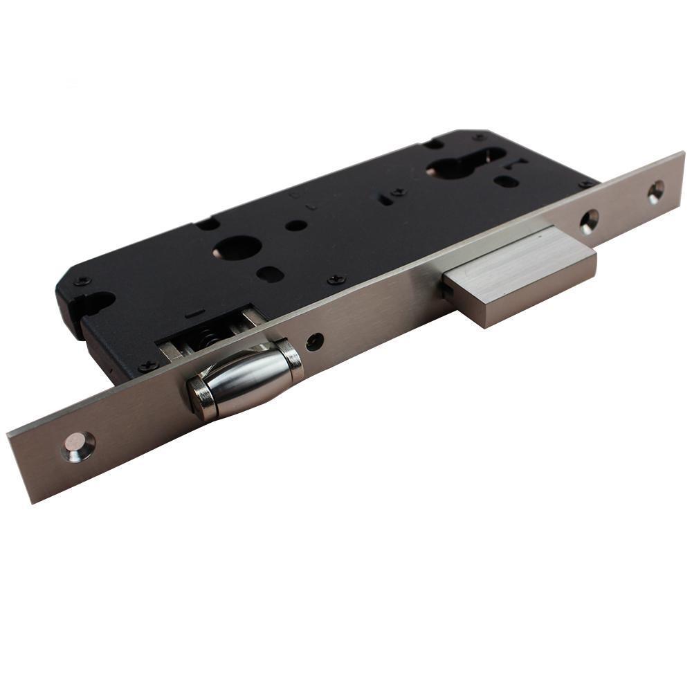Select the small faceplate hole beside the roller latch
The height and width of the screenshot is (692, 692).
(x=315, y=341)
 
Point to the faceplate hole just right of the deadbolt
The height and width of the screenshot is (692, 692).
(x=590, y=221)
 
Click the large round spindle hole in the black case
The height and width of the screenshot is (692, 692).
(x=237, y=248)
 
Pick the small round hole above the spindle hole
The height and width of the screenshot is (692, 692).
(x=296, y=225)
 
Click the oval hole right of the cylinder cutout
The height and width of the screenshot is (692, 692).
(x=507, y=181)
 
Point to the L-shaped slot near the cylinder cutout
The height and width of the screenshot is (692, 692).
(x=516, y=164)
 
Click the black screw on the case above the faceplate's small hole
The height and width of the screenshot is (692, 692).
(x=336, y=279)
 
